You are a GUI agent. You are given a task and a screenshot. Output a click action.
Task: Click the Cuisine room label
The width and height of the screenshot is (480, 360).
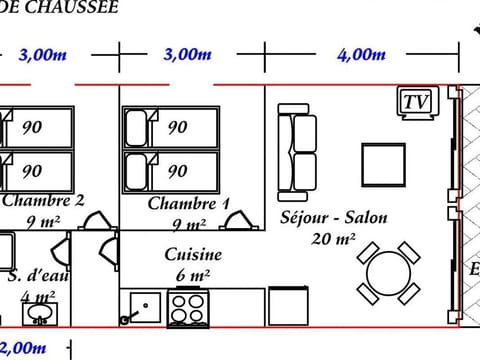click(193, 255)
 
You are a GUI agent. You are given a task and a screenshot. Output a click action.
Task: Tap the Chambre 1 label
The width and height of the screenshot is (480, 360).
click(189, 204)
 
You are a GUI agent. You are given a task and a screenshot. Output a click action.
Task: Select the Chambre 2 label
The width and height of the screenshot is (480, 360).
click(42, 199)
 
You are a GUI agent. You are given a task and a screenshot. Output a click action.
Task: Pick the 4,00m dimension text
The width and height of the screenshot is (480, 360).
click(361, 56)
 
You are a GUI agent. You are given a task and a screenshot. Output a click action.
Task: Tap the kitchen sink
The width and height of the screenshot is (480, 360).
click(142, 306)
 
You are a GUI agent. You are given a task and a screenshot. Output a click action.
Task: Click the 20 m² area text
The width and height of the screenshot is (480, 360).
click(334, 239)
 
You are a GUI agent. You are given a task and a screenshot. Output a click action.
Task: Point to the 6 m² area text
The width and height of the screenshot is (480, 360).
click(192, 276)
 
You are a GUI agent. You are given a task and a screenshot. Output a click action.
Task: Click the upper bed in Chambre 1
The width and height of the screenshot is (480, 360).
click(170, 128)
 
